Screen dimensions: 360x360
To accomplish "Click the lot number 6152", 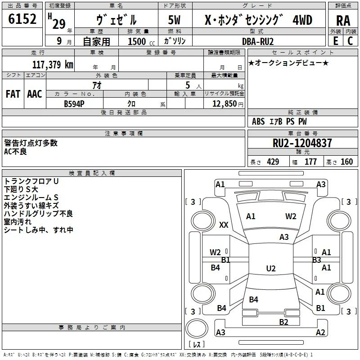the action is pyautogui.click(x=22, y=19).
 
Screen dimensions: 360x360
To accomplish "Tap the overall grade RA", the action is pyautogui.click(x=343, y=21).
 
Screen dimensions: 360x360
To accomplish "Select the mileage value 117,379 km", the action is pyautogui.click(x=53, y=64).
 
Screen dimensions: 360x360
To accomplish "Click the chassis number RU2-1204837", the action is pyautogui.click(x=302, y=143).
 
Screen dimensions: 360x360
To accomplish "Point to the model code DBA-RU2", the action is pyautogui.click(x=258, y=41).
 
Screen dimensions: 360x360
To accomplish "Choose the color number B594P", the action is pyautogui.click(x=74, y=104).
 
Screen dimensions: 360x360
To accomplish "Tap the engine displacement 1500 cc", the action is pyautogui.click(x=141, y=41).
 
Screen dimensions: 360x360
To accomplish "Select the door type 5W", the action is pyautogui.click(x=174, y=20).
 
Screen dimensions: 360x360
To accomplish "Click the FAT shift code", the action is pyautogui.click(x=13, y=94).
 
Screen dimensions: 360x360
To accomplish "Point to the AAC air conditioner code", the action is pyautogui.click(x=35, y=94).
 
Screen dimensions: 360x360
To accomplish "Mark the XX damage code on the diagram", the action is pyautogui.click(x=224, y=225).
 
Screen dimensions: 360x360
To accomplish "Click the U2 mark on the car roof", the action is pyautogui.click(x=271, y=268).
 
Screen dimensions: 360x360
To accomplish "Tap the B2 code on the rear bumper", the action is pyautogui.click(x=283, y=322).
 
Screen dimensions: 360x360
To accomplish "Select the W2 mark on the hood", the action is pyautogui.click(x=291, y=216).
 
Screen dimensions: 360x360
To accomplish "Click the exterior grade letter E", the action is pyautogui.click(x=336, y=41).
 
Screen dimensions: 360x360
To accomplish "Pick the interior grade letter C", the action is pyautogui.click(x=350, y=41).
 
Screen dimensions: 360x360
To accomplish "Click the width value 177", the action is pyautogui.click(x=310, y=162).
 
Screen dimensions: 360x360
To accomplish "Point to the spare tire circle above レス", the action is pyautogui.click(x=197, y=328).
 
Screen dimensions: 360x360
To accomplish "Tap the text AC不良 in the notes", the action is pyautogui.click(x=15, y=152).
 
